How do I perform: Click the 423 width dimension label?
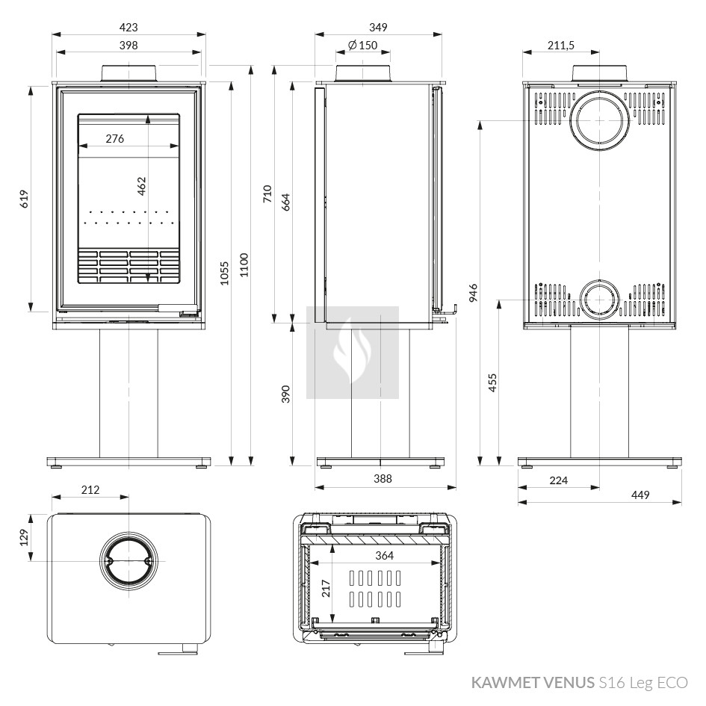128,28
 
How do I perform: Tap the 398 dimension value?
128,46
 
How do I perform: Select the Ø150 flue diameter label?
363,46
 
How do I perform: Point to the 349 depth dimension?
378,28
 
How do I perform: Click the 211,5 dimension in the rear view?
561,46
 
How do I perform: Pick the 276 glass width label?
115,139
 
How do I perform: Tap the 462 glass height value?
142,186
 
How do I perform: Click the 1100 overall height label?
244,264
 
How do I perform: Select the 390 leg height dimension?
286,394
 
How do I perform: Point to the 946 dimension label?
473,293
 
